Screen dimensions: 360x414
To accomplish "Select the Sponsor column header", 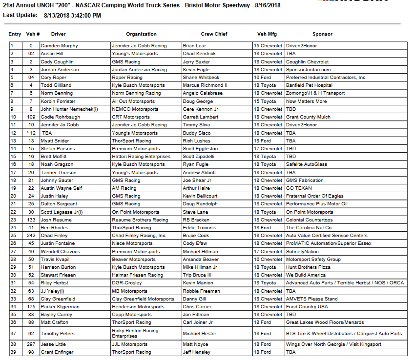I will coord(322,34).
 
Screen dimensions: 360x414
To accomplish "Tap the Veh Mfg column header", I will coord(268,34).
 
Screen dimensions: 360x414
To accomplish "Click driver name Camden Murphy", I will coord(59,46).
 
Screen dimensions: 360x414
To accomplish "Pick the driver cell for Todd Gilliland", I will coord(56,85).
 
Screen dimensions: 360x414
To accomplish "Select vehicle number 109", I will coord(31,117).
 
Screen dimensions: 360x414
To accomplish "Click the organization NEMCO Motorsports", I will coord(132,109).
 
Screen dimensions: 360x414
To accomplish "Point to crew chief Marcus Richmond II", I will coord(205,85).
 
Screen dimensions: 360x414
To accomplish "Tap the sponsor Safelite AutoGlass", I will coord(306,164).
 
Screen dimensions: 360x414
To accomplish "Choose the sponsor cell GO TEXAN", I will coord(299,188).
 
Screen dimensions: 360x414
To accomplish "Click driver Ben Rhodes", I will coord(54,228).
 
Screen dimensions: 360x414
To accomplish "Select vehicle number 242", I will coord(31,236).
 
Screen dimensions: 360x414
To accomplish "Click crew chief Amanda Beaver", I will coord(201,260).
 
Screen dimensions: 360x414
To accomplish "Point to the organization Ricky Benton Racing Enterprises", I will coord(135,333).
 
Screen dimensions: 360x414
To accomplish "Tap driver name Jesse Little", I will coord(54,344).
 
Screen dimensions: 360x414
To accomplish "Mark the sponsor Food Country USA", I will coord(307,307).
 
